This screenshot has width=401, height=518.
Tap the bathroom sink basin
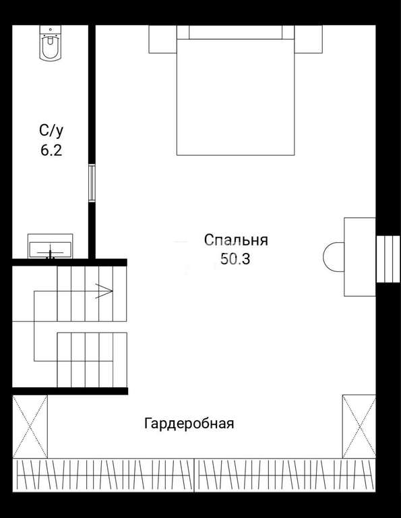coord(50,250)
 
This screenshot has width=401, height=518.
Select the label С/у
coord(51,130)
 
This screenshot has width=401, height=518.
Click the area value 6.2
coord(51,150)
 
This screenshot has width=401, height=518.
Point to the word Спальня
coord(236,240)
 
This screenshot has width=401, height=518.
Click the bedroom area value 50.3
coord(235,259)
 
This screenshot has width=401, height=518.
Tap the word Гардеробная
coord(189,423)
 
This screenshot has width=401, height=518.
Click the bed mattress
coord(236,97)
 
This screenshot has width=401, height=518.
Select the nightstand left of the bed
coord(162,39)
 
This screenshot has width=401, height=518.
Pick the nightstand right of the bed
coord(308,39)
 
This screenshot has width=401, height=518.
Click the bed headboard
coord(236,32)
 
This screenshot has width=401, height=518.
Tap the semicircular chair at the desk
coord(334,257)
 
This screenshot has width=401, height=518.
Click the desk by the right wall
coord(360,257)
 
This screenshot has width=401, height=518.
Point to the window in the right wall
coord(388,259)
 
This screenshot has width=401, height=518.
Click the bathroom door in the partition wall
coord(92,183)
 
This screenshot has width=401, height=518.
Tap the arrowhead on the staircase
coord(104,291)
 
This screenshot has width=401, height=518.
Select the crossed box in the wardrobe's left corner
coord(30,426)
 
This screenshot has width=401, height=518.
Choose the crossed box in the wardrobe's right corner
coord(359,426)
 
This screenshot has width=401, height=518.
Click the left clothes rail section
coord(103,475)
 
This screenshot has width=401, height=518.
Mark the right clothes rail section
coord(285,475)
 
